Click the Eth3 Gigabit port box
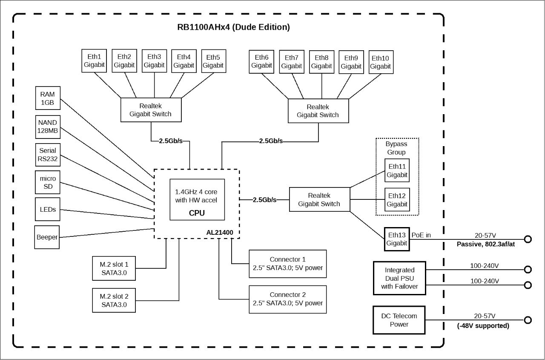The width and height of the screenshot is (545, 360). click(154, 61)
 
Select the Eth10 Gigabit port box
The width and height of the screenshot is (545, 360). click(381, 62)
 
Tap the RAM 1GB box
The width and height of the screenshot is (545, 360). click(48, 98)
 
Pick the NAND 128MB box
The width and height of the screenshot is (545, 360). click(48, 127)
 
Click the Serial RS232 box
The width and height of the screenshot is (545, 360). click(48, 155)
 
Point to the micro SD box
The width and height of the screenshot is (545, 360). click(48, 182)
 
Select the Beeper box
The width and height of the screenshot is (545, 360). click(47, 237)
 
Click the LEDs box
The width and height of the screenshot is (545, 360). click(48, 209)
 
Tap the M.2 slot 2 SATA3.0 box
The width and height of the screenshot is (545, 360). click(114, 300)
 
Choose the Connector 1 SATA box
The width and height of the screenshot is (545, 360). click(287, 264)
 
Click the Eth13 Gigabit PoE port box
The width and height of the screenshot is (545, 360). click(397, 239)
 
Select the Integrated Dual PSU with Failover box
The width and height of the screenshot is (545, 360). click(399, 278)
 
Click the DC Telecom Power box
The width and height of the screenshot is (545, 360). click(399, 320)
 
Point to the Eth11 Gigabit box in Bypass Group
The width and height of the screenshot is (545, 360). click(397, 170)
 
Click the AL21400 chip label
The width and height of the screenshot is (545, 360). click(220, 233)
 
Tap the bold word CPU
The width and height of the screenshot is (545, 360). click(197, 213)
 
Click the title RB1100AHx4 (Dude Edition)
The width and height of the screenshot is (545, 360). click(234, 27)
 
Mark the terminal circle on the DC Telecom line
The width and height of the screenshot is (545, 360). click(528, 320)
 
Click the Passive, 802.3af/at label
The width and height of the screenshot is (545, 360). click(486, 244)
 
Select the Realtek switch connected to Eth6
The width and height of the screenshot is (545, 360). click(318, 111)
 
